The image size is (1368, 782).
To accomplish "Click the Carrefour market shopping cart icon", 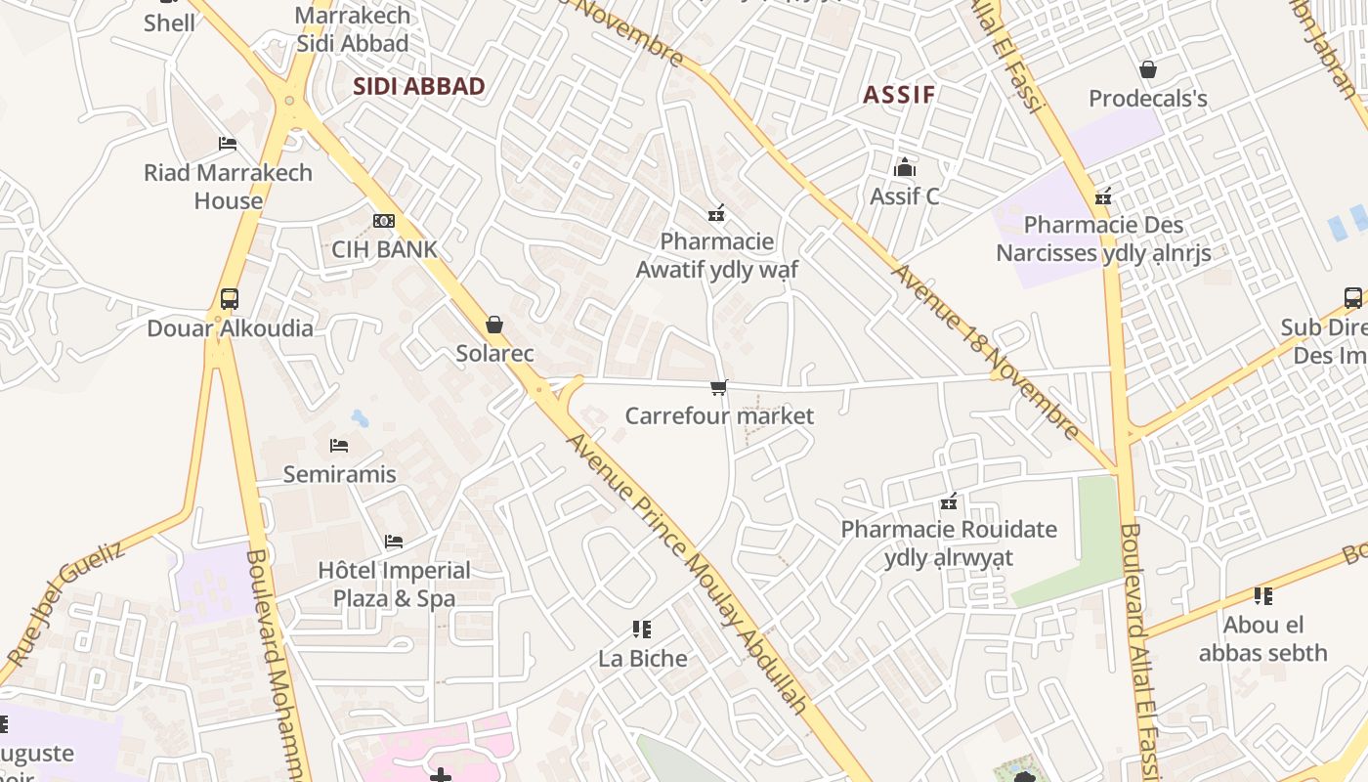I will [719, 388].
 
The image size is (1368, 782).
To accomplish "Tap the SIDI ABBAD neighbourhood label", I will [418, 86].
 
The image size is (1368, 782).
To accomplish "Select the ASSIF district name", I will [899, 95].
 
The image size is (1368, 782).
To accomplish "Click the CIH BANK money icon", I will [384, 221].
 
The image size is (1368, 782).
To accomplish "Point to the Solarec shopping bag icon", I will [494, 325].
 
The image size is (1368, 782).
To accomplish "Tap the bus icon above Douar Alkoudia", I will [229, 299].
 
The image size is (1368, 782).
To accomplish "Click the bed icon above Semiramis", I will [339, 446].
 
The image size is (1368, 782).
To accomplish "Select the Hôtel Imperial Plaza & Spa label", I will [394, 584].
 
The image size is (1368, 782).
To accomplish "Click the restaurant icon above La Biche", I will [642, 630].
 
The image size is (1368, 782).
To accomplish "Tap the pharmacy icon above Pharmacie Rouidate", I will [948, 502].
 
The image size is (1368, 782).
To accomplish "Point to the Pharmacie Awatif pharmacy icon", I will [716, 213].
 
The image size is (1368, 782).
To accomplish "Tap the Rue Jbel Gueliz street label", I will [66, 603].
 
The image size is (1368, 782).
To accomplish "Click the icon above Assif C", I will [905, 167].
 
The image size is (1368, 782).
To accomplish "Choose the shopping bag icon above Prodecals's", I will [1148, 69].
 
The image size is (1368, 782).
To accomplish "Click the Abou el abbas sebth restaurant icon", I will [1262, 596].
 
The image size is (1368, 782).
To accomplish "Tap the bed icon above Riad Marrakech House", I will [228, 144].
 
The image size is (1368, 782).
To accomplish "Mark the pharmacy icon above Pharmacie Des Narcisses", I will [1103, 196].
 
